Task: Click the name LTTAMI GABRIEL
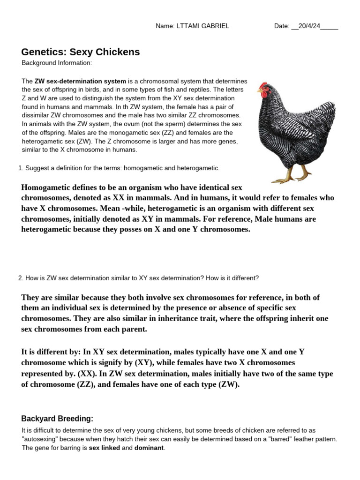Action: click(x=203, y=26)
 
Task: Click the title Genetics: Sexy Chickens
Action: click(x=81, y=52)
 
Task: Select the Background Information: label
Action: click(x=57, y=63)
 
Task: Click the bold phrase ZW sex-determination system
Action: click(x=80, y=81)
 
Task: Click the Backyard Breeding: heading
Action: click(x=58, y=419)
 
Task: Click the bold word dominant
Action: click(x=149, y=448)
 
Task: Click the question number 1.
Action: click(x=20, y=168)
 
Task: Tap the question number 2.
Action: click(x=20, y=278)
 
